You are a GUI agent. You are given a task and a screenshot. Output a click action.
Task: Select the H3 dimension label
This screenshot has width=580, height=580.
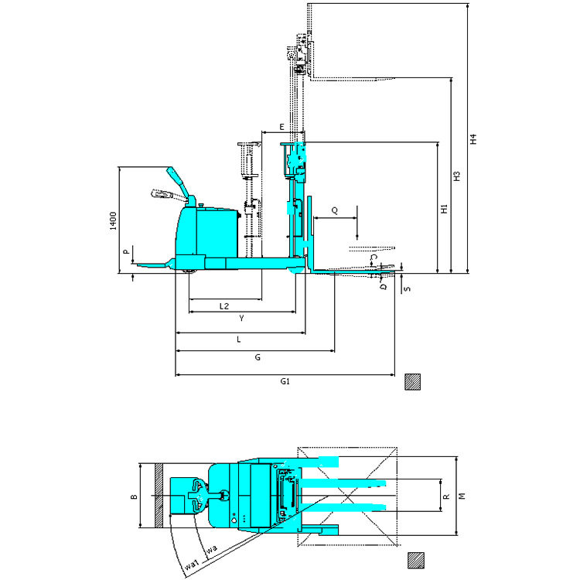456,176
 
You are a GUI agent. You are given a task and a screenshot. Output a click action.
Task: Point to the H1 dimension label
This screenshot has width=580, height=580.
444,209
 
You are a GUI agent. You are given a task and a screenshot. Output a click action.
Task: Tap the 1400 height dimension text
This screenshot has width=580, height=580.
112,220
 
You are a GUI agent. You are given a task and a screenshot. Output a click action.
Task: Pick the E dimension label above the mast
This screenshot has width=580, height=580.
281,126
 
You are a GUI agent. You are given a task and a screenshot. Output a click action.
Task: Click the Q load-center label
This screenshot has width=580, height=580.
334,210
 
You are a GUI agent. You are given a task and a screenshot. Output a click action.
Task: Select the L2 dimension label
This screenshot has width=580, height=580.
223,306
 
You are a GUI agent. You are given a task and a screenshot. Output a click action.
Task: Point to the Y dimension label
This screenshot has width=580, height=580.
241,319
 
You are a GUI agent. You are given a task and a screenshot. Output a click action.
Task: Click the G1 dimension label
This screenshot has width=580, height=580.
285,382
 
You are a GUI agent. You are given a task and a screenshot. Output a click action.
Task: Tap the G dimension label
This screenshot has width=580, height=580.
257,358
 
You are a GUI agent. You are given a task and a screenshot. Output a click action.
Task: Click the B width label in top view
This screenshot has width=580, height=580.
133,496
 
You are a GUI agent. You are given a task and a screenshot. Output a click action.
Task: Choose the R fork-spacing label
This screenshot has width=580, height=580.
445,496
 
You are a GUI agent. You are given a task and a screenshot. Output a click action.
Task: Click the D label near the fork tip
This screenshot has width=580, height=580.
382,285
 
